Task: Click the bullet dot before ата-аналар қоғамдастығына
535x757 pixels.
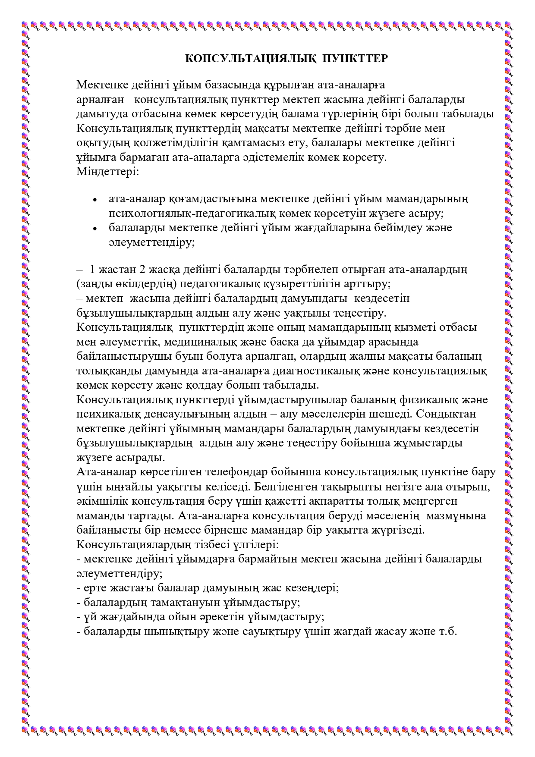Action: click(x=95, y=200)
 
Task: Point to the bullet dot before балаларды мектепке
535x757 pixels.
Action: click(x=95, y=229)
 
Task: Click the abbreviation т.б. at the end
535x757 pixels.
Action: click(x=448, y=631)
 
